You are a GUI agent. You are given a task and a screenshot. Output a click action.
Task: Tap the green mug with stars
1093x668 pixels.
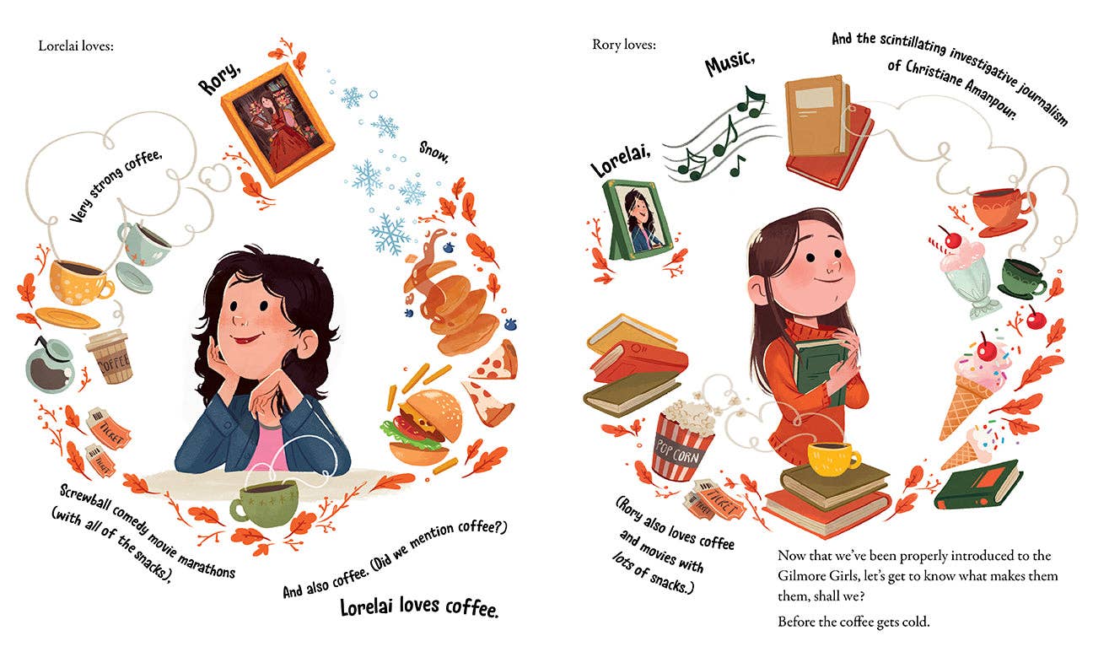pyautogui.click(x=264, y=503)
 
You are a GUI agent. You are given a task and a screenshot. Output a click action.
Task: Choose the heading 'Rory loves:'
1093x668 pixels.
pyautogui.click(x=623, y=45)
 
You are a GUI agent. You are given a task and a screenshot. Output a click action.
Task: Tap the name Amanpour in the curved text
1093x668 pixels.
pyautogui.click(x=1033, y=98)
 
